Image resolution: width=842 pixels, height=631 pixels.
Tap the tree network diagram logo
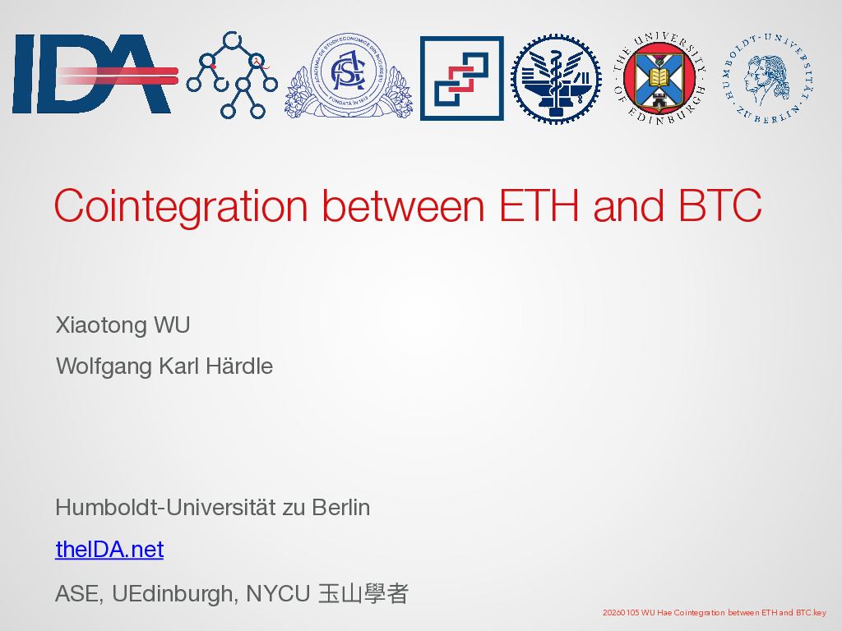[x=232, y=75]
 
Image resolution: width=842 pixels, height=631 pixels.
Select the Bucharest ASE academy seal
[x=349, y=75]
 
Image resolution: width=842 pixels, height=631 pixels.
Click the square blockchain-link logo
[x=462, y=78]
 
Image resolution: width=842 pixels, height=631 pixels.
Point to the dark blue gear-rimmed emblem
[x=556, y=79]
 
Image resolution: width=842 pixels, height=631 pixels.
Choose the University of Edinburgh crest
[x=659, y=78]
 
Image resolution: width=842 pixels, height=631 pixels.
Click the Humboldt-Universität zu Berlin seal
[x=768, y=78]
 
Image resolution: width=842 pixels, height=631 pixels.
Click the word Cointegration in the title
[x=181, y=206]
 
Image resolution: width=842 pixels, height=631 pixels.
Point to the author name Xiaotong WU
[x=123, y=325]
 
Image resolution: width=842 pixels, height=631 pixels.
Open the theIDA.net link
[x=109, y=550]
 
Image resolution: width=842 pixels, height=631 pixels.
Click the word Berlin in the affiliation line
[x=341, y=508]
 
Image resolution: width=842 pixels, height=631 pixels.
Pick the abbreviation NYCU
[x=278, y=594]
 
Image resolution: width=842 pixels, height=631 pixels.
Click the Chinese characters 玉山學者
[x=363, y=594]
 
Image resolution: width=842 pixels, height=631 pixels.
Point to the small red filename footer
[x=715, y=612]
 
